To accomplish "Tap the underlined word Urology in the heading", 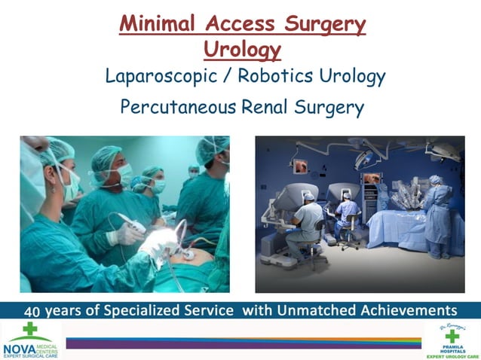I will tap(242, 49).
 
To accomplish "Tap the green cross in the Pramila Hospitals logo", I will tap(452, 336).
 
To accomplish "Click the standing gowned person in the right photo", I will tap(437, 211).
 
